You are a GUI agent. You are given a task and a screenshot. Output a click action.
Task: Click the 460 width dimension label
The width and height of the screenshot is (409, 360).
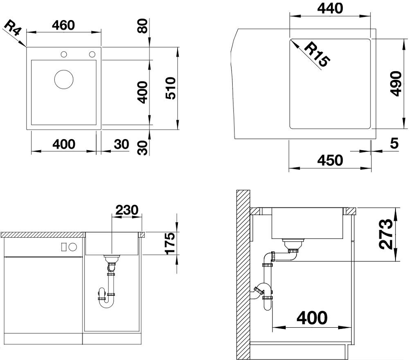point(63,25)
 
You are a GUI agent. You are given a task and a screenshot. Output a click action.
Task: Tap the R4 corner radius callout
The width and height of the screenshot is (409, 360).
point(12,28)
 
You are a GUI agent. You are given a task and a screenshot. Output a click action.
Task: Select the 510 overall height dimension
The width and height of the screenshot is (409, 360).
point(171,88)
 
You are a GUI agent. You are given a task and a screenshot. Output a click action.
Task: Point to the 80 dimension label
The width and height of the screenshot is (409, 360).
point(142,25)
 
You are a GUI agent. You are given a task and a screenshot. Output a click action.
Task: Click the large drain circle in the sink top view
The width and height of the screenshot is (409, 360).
point(64,79)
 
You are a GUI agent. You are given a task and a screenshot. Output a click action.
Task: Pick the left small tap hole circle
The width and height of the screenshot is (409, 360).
point(64,54)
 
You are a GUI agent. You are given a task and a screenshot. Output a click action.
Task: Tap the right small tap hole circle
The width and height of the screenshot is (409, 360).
point(92,54)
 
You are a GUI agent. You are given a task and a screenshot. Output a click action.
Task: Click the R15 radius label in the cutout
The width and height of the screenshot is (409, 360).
point(317,55)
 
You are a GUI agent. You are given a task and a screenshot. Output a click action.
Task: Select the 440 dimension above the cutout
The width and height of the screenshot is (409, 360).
point(330,8)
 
